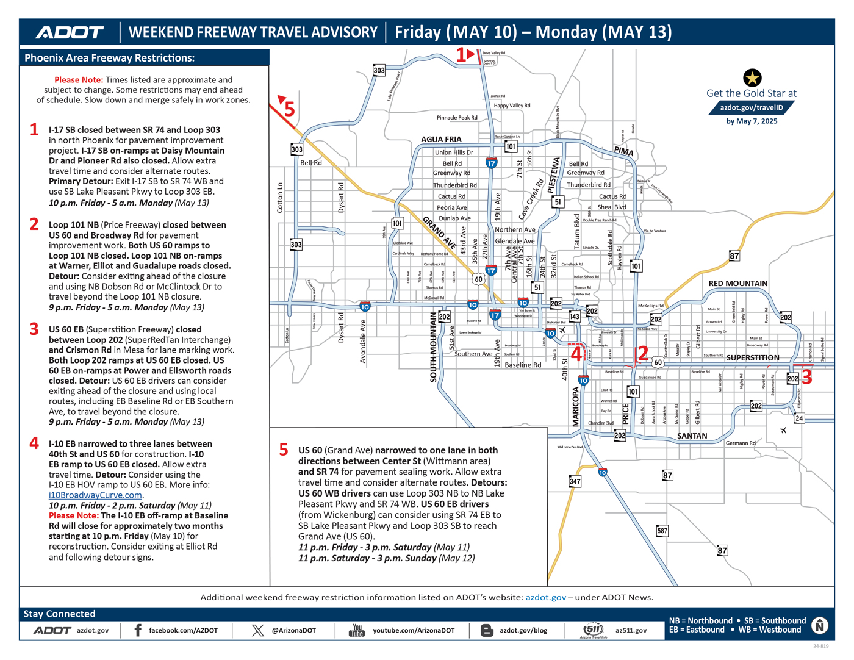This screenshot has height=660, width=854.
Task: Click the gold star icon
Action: point(752,77)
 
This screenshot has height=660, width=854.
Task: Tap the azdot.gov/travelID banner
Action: point(752,107)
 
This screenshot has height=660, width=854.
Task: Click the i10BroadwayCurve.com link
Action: point(96,495)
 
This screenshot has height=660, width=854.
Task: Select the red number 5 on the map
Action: point(289,109)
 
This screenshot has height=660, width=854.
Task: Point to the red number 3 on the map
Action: point(806,377)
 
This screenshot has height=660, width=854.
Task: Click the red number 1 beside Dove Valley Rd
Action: point(461,55)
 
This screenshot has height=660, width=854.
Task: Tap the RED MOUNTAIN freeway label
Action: point(737,284)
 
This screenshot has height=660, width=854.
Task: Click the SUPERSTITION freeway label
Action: point(752,357)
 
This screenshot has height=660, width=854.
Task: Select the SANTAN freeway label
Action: point(692,436)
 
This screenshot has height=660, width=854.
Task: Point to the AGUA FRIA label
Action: point(441,139)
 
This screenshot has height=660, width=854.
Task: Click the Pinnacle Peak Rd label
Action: point(457,118)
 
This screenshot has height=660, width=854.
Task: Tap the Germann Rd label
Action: point(741,443)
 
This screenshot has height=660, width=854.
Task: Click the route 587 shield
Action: point(662,531)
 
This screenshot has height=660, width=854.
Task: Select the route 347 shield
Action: point(575,481)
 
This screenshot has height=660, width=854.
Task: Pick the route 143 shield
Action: point(575,317)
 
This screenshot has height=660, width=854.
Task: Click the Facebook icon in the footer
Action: point(138,630)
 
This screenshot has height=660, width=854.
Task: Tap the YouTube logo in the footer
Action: point(357,630)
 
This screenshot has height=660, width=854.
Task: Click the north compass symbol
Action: point(820,625)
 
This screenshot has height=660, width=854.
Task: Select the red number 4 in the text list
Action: point(35,443)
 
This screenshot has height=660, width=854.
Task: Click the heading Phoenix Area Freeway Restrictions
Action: point(110,58)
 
